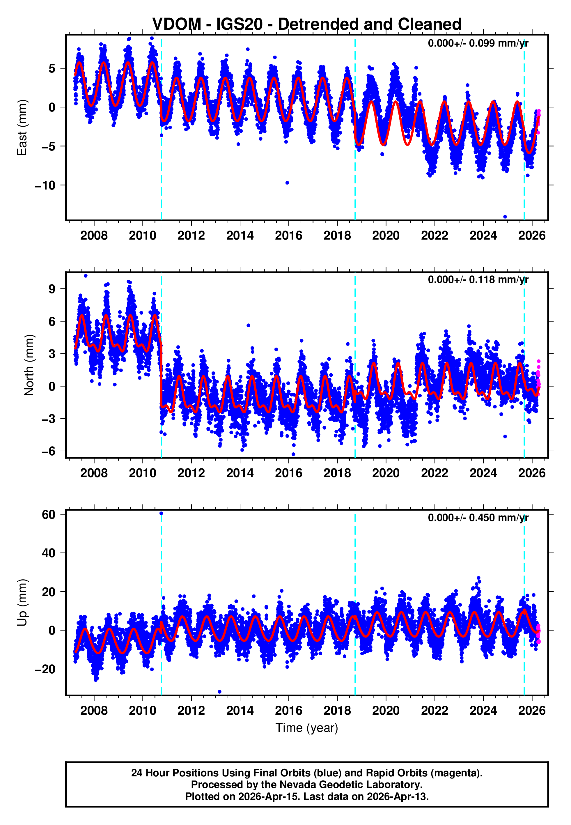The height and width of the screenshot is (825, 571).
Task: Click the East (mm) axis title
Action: point(22,128)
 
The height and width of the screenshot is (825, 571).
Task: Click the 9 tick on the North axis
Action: point(52,289)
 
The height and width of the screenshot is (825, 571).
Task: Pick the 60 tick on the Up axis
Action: point(49,514)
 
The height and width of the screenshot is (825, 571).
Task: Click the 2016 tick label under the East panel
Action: point(288,236)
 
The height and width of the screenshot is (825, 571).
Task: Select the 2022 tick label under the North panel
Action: point(434,473)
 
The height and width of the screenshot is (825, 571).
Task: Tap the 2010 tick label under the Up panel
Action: point(142,710)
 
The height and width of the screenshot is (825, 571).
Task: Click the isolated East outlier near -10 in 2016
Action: point(287,183)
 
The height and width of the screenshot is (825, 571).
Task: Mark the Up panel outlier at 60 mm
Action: point(161,514)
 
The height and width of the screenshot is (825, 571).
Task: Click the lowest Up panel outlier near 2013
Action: point(219,692)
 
